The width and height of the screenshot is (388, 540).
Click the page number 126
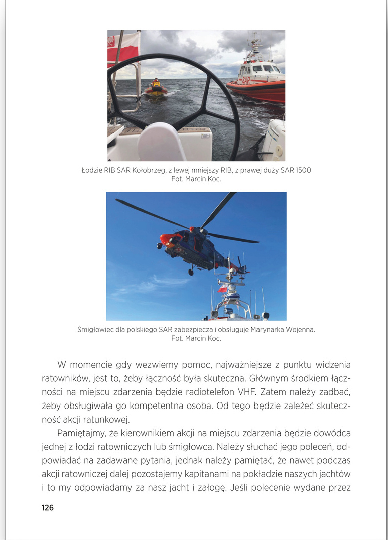coord(48,508)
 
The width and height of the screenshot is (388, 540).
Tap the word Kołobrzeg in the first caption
coord(153,170)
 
